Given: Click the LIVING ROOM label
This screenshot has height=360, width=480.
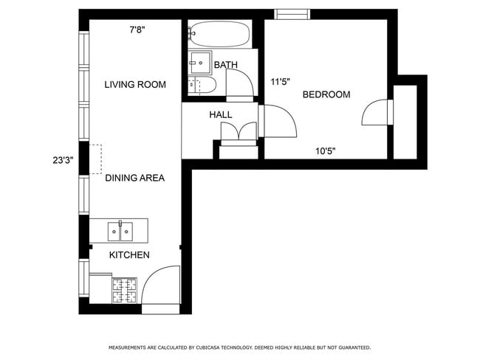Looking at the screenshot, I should click(x=134, y=85).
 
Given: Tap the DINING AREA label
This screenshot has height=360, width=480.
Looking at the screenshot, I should click(x=134, y=178).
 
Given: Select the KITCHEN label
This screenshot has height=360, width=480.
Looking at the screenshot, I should click(x=129, y=255).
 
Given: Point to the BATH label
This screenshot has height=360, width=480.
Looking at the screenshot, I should click(x=225, y=65).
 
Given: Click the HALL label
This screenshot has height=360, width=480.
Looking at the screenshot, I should click(x=220, y=115).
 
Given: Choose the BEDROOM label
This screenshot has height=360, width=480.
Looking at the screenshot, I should click(x=326, y=95).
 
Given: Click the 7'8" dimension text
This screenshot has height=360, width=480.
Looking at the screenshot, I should click(x=137, y=30).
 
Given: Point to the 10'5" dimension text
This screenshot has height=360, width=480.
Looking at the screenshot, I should click(x=326, y=151).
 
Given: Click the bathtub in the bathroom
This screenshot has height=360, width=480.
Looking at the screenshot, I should click(x=219, y=33).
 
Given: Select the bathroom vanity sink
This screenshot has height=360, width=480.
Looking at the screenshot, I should click(x=199, y=60).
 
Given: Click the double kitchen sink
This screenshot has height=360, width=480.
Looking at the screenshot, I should click(x=120, y=231).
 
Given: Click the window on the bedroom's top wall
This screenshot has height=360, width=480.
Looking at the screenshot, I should click(x=292, y=13).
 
